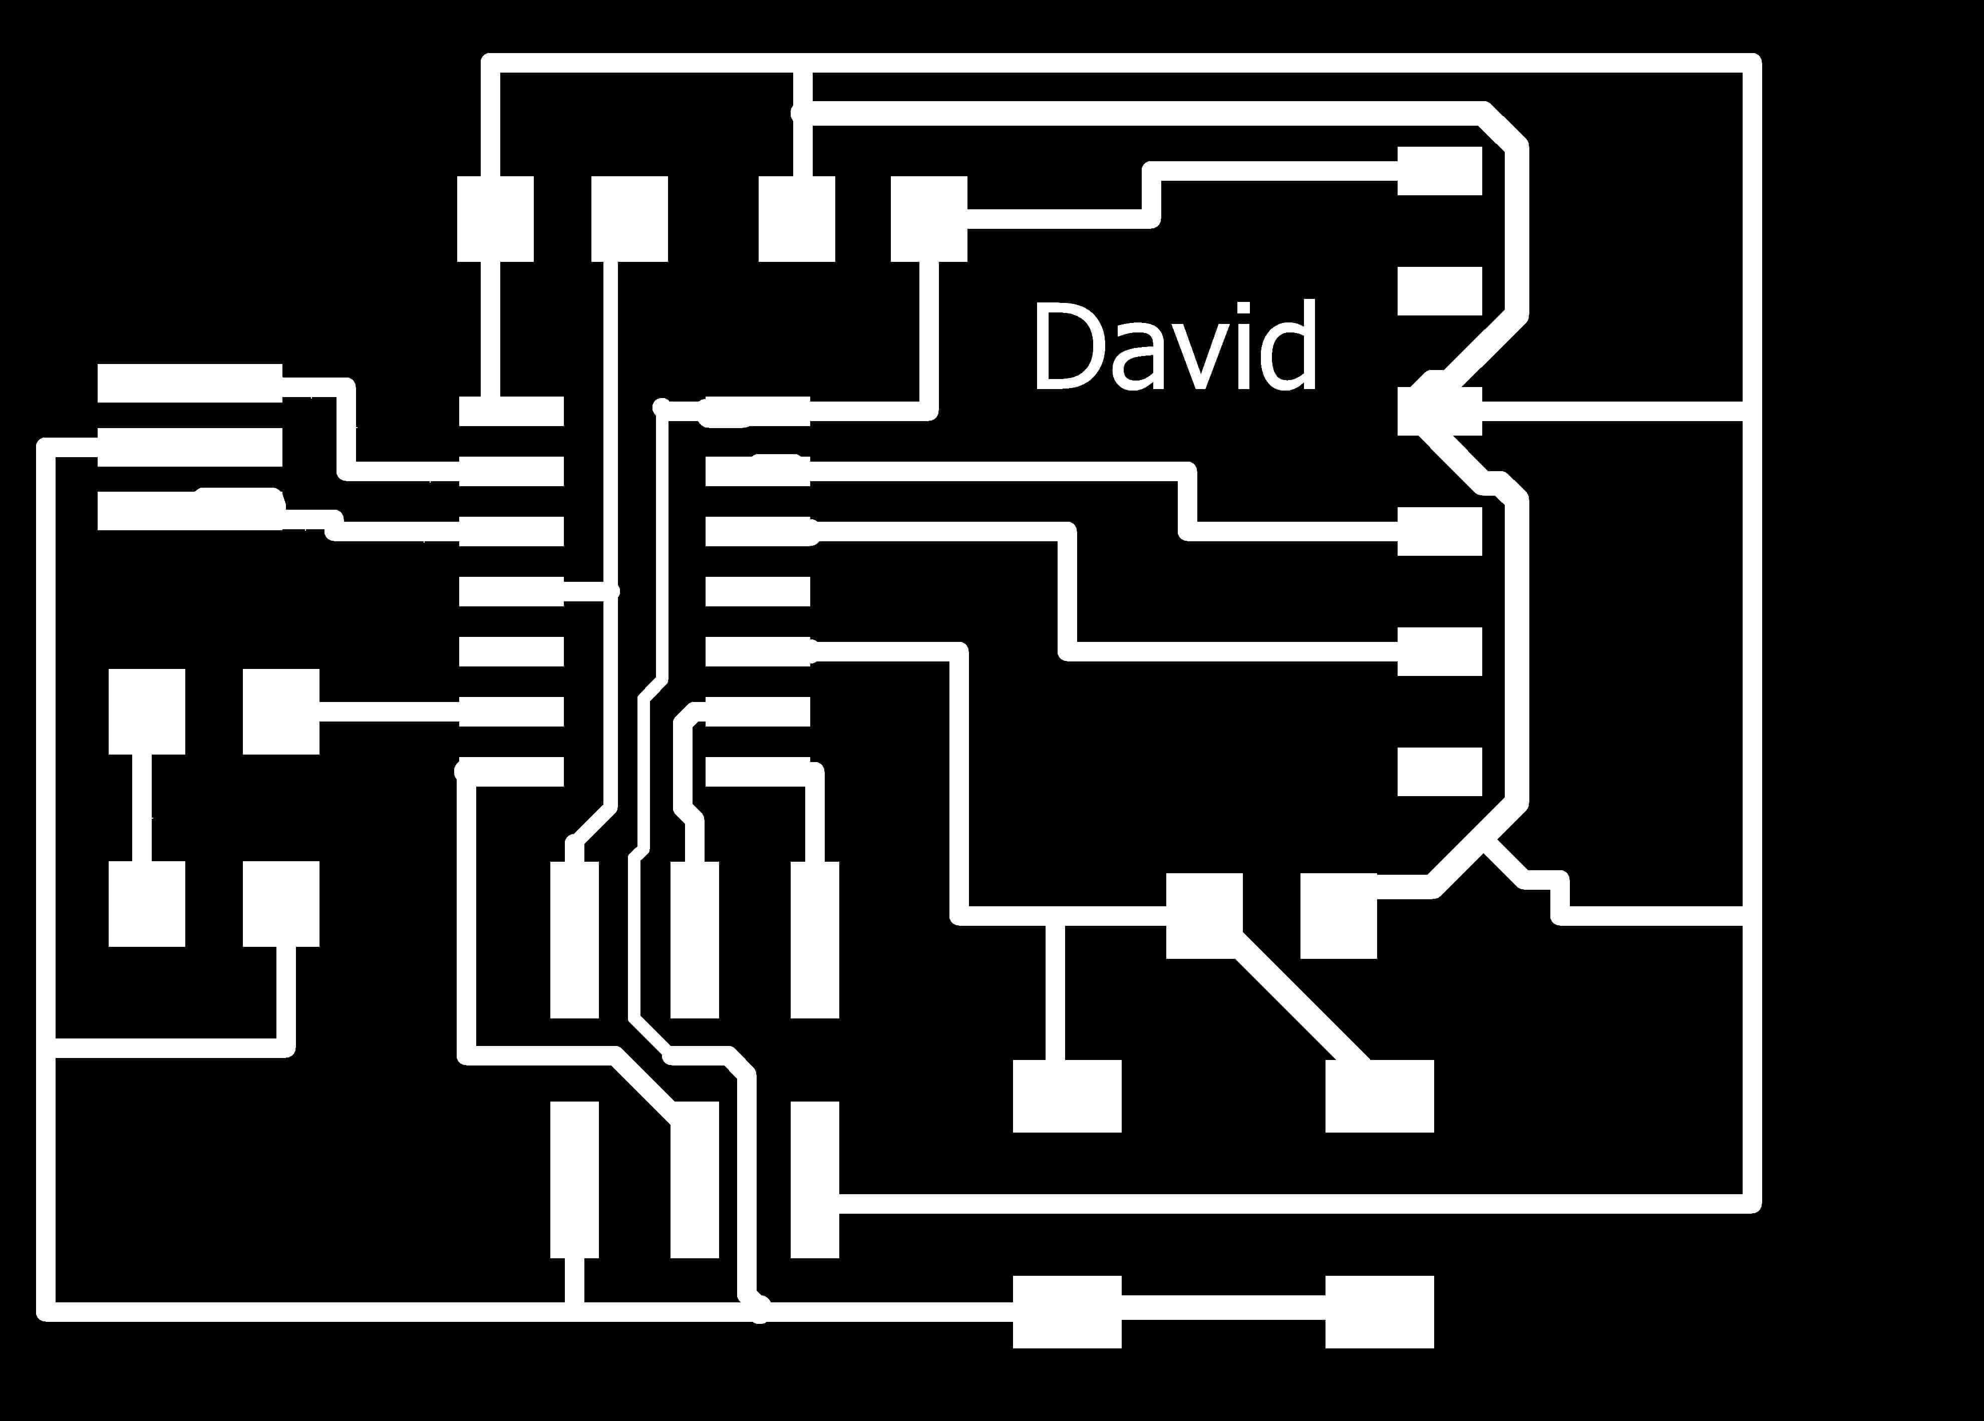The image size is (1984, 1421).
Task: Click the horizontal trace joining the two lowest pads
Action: pos(1223,1309)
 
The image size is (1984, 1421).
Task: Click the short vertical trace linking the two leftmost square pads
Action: pos(142,806)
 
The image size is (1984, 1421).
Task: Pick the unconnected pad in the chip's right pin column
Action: pos(758,592)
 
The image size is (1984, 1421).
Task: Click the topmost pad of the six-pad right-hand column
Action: pos(1439,171)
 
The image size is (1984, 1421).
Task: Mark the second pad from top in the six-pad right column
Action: pos(1439,290)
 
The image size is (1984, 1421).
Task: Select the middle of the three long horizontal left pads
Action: pos(190,447)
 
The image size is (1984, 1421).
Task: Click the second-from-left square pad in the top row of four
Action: pos(629,219)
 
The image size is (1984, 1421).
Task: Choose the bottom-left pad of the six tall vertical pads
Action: pos(575,1179)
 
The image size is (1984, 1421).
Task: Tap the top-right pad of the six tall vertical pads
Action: pos(814,939)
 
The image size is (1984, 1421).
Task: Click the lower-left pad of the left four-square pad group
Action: pos(147,903)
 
